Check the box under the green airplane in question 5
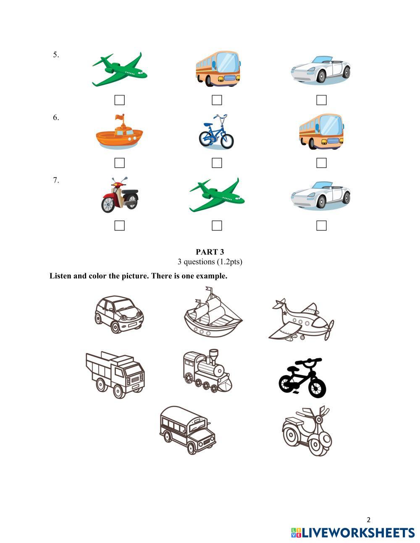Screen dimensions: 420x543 pos(119,100)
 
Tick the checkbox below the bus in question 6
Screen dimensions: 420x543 pos(321,163)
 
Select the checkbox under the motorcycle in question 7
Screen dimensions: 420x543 pos(119,225)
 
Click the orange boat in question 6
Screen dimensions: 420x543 pos(119,133)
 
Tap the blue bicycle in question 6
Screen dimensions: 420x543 pos(216,132)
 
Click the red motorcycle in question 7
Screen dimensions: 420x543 pos(120,195)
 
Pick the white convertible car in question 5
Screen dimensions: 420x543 pos(321,70)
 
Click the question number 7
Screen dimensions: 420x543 pos(56,180)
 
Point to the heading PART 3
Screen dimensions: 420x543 pos(210,252)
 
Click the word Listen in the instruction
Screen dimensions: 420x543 pos(60,276)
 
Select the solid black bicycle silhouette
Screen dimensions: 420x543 pos(302,377)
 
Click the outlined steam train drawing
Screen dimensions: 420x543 pos(207,371)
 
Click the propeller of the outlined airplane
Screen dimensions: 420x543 pos(330,330)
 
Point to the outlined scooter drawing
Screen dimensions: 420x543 pos(307,431)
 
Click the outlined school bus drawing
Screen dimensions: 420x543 pos(188,430)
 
